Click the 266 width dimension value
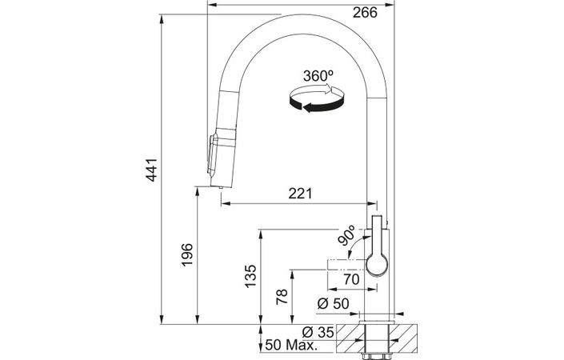[x=365, y=13]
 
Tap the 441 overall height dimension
[x=152, y=170]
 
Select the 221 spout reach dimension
[x=300, y=194]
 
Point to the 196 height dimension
[x=187, y=255]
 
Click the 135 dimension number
[x=250, y=276]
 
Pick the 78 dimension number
[x=282, y=297]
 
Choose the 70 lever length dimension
[x=352, y=279]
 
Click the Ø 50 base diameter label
[x=334, y=304]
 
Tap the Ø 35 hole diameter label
[x=318, y=332]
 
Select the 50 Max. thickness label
[x=292, y=346]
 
